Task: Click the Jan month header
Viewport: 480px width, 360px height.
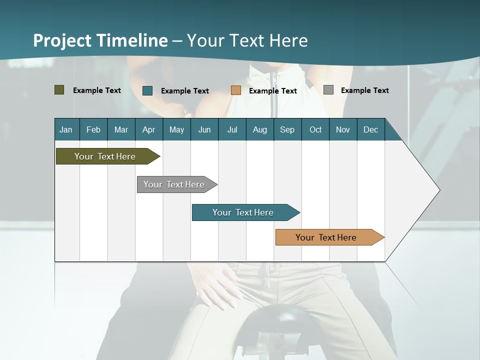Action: [66, 129]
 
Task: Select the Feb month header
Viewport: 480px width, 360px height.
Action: [93, 129]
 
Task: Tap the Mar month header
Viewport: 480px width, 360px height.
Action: [121, 129]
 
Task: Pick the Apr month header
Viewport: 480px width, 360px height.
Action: [149, 129]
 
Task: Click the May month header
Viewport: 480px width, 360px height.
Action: [176, 129]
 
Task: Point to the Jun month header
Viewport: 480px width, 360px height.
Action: [204, 129]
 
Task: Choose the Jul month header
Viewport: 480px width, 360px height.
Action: [232, 129]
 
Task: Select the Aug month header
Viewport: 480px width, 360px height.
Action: [260, 129]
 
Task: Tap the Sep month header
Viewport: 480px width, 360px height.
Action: [287, 129]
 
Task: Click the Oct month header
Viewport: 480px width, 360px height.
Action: [315, 129]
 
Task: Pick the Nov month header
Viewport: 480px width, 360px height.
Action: [343, 129]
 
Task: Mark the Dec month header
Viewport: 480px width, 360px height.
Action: [371, 129]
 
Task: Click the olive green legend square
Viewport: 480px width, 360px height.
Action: [59, 90]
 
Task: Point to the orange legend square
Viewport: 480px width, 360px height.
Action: [236, 90]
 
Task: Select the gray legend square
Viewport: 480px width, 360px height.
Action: [328, 90]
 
